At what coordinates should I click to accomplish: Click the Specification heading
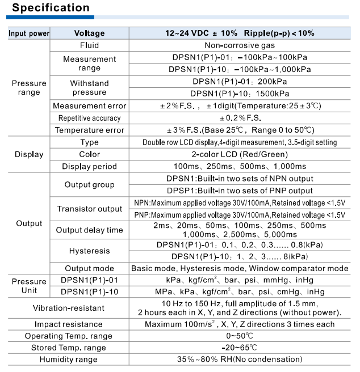pos(51,8)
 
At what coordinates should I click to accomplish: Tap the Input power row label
pos(28,33)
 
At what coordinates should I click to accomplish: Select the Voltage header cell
pos(89,33)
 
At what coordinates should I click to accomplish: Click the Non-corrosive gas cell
pos(240,45)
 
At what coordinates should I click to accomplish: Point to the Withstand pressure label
pos(89,88)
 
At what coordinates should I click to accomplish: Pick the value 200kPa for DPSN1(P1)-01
pos(240,82)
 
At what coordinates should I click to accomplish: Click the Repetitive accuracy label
pos(89,118)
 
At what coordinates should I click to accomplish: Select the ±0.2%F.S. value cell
pos(240,118)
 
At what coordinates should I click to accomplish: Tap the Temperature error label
pos(89,130)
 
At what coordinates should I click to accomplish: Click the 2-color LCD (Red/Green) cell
pos(240,154)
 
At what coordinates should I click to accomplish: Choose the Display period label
pos(89,167)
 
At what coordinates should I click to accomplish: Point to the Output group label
pos(89,185)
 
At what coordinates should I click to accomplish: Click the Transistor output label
pos(89,209)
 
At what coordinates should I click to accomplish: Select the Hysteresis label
pos(89,251)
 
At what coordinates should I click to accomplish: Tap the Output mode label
pos(89,268)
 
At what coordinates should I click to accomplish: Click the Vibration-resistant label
pos(69,308)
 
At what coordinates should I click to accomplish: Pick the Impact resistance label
pos(69,324)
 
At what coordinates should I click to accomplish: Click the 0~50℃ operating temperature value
pos(240,336)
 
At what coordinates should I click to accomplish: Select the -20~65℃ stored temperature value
pos(240,348)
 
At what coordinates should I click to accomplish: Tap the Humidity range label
pos(69,360)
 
